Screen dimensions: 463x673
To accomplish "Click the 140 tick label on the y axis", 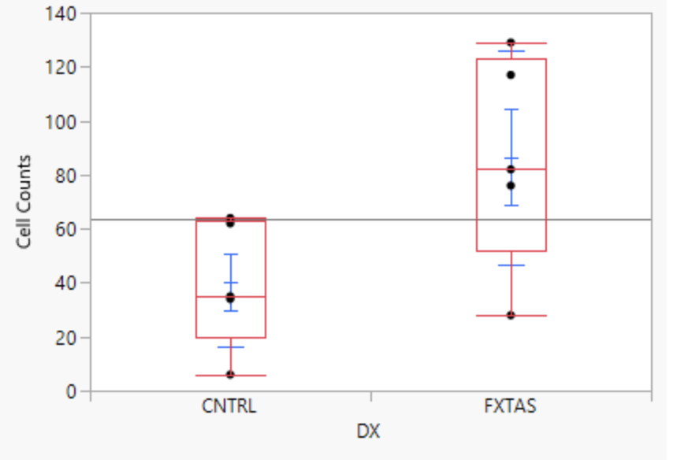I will pos(63,14).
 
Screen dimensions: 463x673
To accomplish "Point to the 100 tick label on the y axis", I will pos(63,122).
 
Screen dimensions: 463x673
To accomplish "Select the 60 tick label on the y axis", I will pos(67,229).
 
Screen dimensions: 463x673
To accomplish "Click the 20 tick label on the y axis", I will pos(67,338).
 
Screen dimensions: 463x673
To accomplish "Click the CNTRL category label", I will pos(230,408).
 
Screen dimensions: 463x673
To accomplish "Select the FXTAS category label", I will pos(511,408).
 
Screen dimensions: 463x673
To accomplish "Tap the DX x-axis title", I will pos(370,431).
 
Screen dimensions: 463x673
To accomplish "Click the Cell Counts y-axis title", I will pos(24,202).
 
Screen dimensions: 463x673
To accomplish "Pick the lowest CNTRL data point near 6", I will pos(230,375).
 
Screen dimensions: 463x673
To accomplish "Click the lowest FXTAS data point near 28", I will pos(511,315).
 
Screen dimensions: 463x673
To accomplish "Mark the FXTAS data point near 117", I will pos(511,75).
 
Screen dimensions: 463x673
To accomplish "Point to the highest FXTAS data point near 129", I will pos(511,43).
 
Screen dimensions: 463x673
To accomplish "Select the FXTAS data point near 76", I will pos(511,186).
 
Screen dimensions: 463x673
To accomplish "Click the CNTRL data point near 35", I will pos(230,298).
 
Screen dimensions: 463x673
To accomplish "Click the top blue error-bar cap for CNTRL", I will pos(230,254).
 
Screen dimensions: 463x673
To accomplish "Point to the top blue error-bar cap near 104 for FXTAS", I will pos(511,109).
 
